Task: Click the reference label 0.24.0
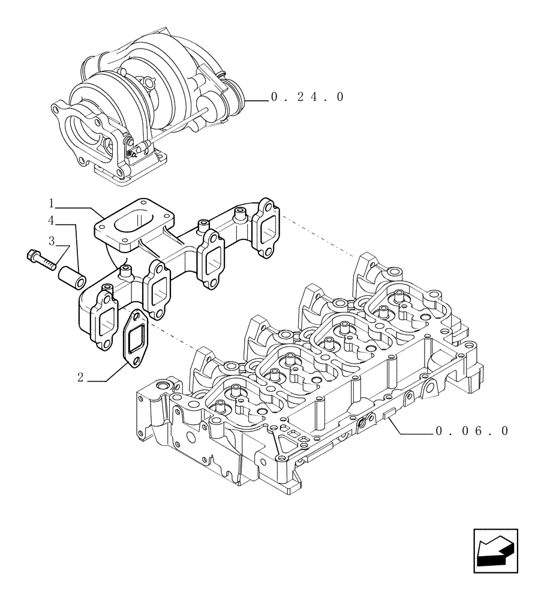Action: [x=307, y=97]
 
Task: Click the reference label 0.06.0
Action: [x=472, y=431]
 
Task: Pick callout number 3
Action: [x=52, y=241]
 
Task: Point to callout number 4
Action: [x=52, y=221]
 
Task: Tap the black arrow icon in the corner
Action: [x=495, y=550]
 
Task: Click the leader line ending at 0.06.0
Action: [x=414, y=431]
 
